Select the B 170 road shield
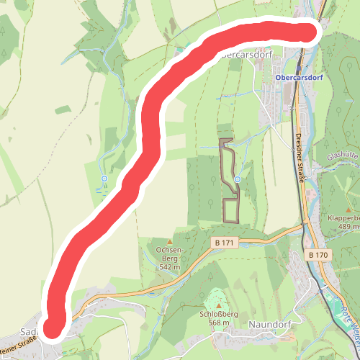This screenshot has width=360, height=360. pyautogui.click(x=318, y=255)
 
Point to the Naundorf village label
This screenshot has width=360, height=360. pyautogui.click(x=269, y=324)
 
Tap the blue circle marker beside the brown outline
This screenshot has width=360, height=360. pyautogui.click(x=237, y=179)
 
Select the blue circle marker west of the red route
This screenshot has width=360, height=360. pyautogui.click(x=104, y=178)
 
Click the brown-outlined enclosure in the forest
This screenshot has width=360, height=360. pyautogui.click(x=230, y=209)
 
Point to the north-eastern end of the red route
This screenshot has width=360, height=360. pyautogui.click(x=311, y=32)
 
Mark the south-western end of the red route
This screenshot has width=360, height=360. pyautogui.click(x=53, y=328)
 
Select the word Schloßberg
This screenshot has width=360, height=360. pyautogui.click(x=215, y=315)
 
